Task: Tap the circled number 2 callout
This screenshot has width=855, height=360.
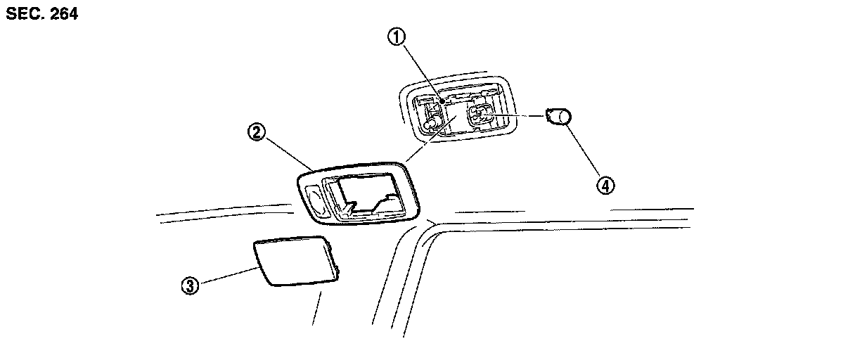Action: pyautogui.click(x=256, y=131)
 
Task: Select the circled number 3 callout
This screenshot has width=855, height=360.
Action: pyautogui.click(x=190, y=285)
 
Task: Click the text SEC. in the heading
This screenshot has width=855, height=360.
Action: pyautogui.click(x=22, y=13)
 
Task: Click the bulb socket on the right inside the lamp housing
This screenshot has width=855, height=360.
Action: pyautogui.click(x=480, y=115)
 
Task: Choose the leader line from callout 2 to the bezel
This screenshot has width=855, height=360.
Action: pyautogui.click(x=285, y=150)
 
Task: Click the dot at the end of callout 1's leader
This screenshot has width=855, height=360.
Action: pyautogui.click(x=442, y=101)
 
